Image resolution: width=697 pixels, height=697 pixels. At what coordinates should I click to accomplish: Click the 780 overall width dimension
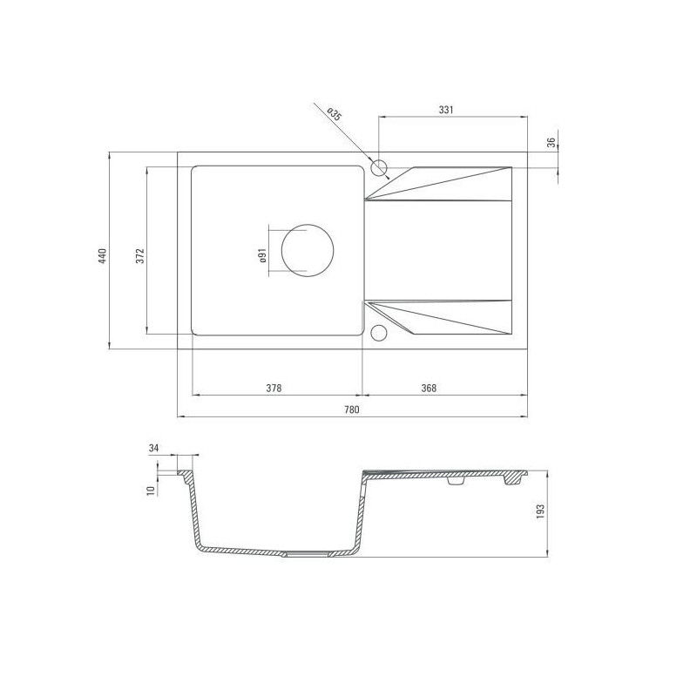[x=352, y=409]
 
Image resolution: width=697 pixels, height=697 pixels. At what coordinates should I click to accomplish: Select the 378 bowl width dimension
[x=274, y=388]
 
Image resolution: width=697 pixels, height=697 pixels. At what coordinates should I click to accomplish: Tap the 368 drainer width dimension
[x=429, y=388]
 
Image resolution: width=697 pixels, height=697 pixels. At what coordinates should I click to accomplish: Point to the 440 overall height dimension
[x=103, y=256]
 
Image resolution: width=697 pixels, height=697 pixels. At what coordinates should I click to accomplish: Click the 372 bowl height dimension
[x=140, y=256]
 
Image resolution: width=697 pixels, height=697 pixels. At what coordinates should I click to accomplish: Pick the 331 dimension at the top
[x=446, y=110]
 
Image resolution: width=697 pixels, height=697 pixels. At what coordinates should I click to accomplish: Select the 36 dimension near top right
[x=552, y=143]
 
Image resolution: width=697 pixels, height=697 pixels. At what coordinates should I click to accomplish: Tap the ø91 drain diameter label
[x=262, y=256]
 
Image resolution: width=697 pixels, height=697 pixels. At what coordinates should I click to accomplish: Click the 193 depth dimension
[x=540, y=512]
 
